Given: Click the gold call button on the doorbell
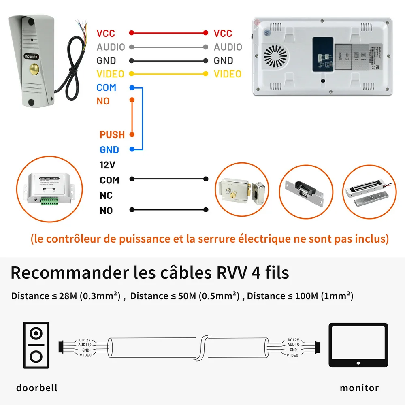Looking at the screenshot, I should click(34, 70).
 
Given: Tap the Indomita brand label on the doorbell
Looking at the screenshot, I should click(31, 56).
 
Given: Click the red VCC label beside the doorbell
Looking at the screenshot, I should click(106, 34).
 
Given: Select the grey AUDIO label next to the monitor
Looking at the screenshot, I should click(228, 47).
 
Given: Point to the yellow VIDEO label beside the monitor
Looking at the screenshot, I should click(227, 74).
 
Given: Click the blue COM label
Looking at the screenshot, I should click(106, 87).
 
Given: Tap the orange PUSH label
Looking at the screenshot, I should click(112, 134).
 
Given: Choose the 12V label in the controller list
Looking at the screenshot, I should click(107, 165).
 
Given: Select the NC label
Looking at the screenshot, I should click(106, 196).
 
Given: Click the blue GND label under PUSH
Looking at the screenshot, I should click(109, 150).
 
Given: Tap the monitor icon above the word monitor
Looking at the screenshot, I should click(358, 345).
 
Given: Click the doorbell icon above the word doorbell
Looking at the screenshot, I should click(36, 345).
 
